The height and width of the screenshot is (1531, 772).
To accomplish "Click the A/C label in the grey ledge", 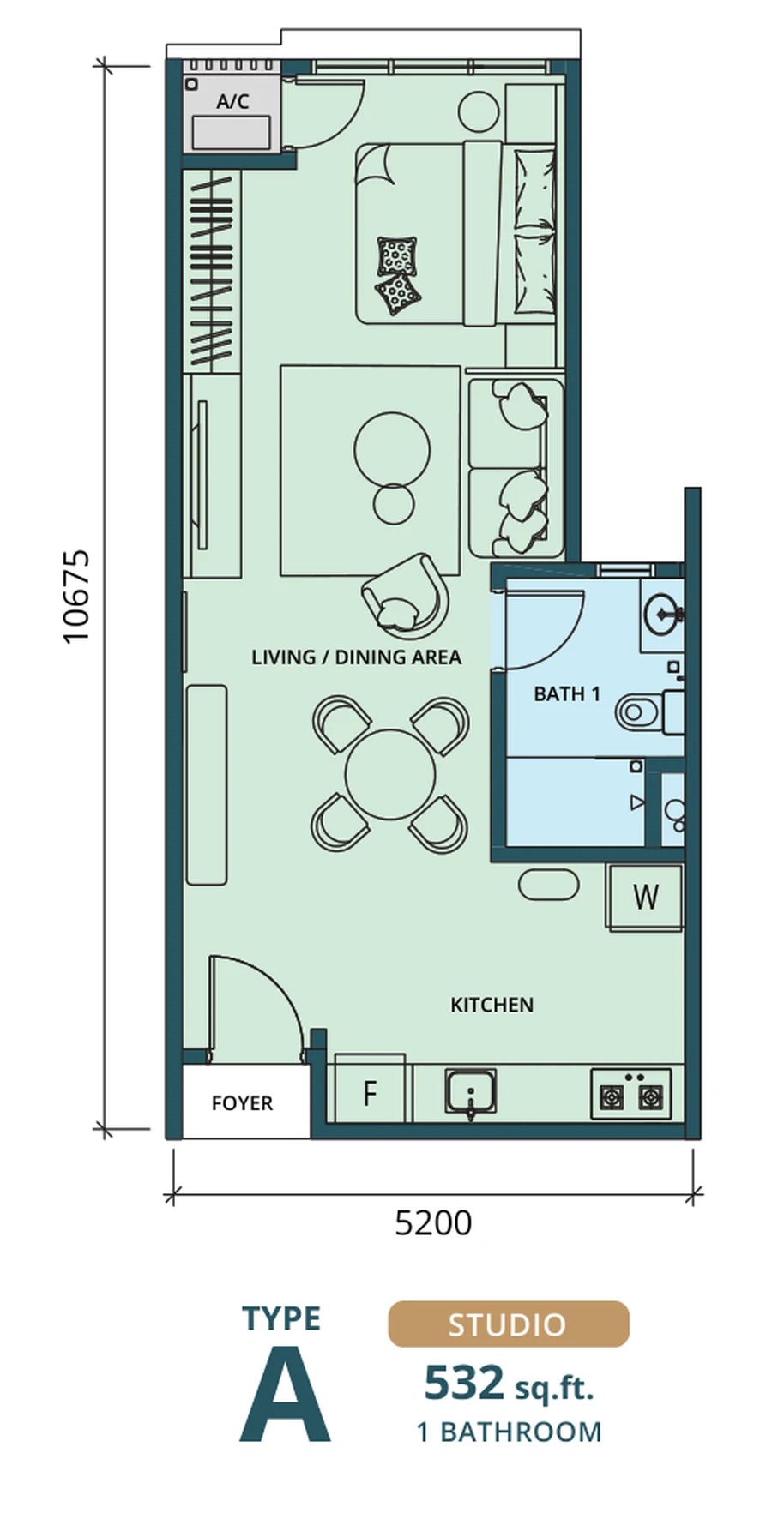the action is [x=232, y=101].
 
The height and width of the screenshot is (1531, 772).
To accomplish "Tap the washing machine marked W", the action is [x=645, y=897].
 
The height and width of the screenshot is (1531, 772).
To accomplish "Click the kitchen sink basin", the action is [x=470, y=1091].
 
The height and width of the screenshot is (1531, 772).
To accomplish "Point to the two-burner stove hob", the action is [x=630, y=1093].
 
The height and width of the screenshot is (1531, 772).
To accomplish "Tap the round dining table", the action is [x=390, y=774].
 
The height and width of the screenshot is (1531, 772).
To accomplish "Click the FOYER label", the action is [x=242, y=1102].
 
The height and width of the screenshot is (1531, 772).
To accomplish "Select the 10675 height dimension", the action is [x=76, y=596].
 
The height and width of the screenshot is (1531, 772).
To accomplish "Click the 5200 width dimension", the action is [x=433, y=1222].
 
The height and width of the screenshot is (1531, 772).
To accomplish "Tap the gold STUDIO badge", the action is [x=509, y=1324].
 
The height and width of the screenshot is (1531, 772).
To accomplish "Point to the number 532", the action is [x=464, y=1383].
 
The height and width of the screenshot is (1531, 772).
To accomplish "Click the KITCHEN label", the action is [x=492, y=1004].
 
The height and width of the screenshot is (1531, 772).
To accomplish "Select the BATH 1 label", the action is [x=566, y=693].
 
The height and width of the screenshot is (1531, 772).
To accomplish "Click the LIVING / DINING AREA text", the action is [x=356, y=657].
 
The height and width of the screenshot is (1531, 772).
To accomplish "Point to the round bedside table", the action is [x=479, y=111].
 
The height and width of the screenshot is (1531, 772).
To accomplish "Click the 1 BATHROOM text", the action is [x=509, y=1432].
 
